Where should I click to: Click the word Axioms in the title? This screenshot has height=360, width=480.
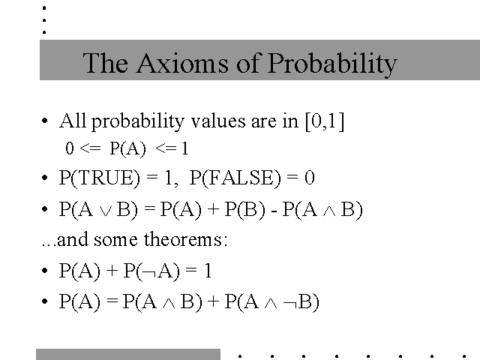182,63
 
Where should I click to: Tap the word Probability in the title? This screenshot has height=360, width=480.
332,64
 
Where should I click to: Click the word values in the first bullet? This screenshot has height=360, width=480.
218,121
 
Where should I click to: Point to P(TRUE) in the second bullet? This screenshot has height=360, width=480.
100,178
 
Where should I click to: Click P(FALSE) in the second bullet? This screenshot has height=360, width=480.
235,178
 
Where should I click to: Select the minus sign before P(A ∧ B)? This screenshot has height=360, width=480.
274,211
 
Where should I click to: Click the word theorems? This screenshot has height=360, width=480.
185,239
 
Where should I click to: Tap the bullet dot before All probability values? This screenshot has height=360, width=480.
45,121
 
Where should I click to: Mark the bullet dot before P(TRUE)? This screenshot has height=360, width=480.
45,178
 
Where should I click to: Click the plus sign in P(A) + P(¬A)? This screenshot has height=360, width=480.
112,270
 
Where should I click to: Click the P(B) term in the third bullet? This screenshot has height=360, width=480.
245,209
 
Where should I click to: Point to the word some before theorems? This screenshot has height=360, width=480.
115,239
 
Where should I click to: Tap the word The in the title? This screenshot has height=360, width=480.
105,63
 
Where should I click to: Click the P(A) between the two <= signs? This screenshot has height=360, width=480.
127,148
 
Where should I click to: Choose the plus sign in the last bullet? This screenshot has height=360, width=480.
213,301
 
